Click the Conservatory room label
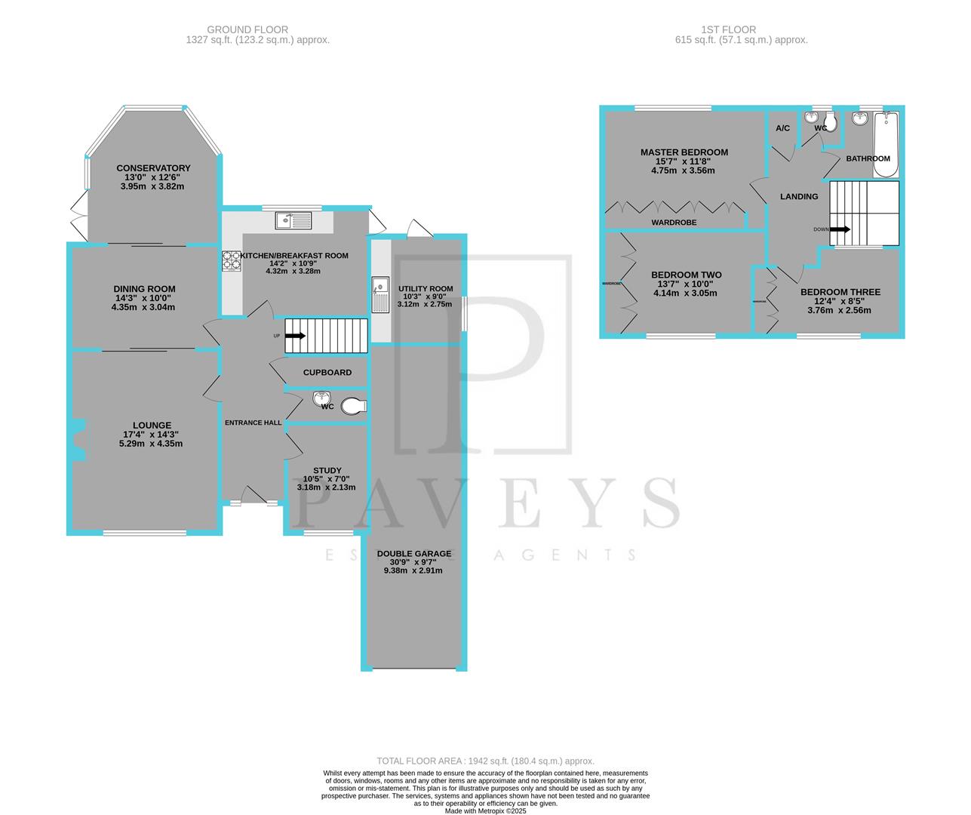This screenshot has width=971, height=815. click(x=153, y=168)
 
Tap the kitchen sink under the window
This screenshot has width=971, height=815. click(x=293, y=220)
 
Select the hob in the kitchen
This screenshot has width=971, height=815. click(x=232, y=260)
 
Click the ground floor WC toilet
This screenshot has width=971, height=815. click(x=352, y=406)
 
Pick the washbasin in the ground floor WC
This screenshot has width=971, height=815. click(x=321, y=398)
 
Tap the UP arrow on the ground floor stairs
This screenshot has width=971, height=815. click(x=295, y=336)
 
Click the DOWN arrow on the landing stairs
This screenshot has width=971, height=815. click(x=840, y=229)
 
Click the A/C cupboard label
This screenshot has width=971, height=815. click(x=782, y=128)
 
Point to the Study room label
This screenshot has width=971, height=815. click(x=327, y=470)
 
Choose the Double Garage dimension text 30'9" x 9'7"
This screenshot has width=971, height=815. click(x=413, y=562)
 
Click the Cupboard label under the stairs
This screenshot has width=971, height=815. click(x=327, y=373)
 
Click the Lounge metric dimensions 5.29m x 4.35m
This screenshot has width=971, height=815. click(x=151, y=444)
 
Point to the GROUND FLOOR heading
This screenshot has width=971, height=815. click(x=257, y=30)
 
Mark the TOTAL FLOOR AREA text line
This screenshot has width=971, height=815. click(x=486, y=761)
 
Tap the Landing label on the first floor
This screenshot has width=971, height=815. click(x=798, y=197)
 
